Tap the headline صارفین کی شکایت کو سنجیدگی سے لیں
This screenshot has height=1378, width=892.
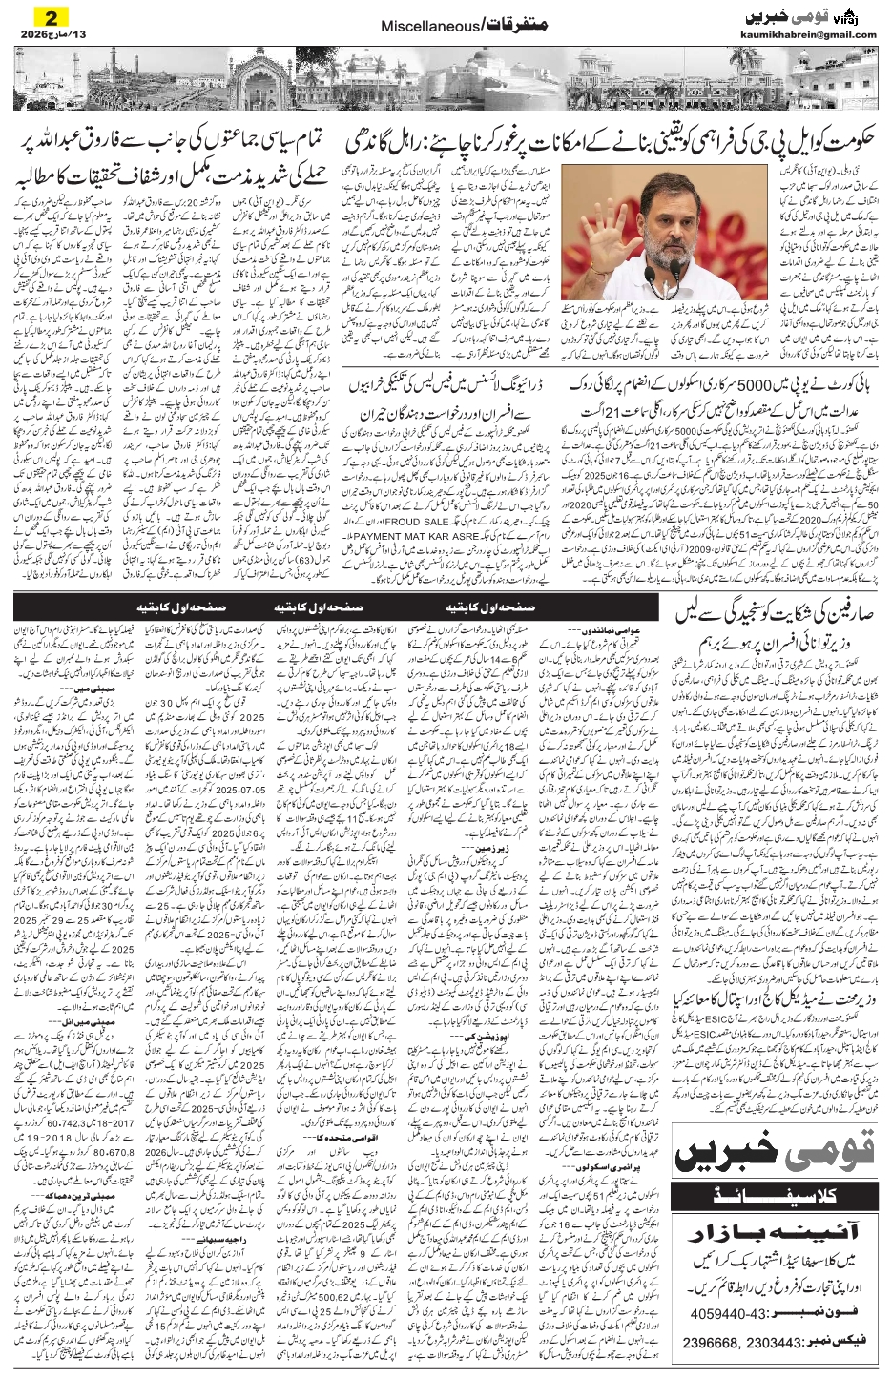(x=779, y=615)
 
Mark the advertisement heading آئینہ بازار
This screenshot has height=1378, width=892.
(x=778, y=1224)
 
